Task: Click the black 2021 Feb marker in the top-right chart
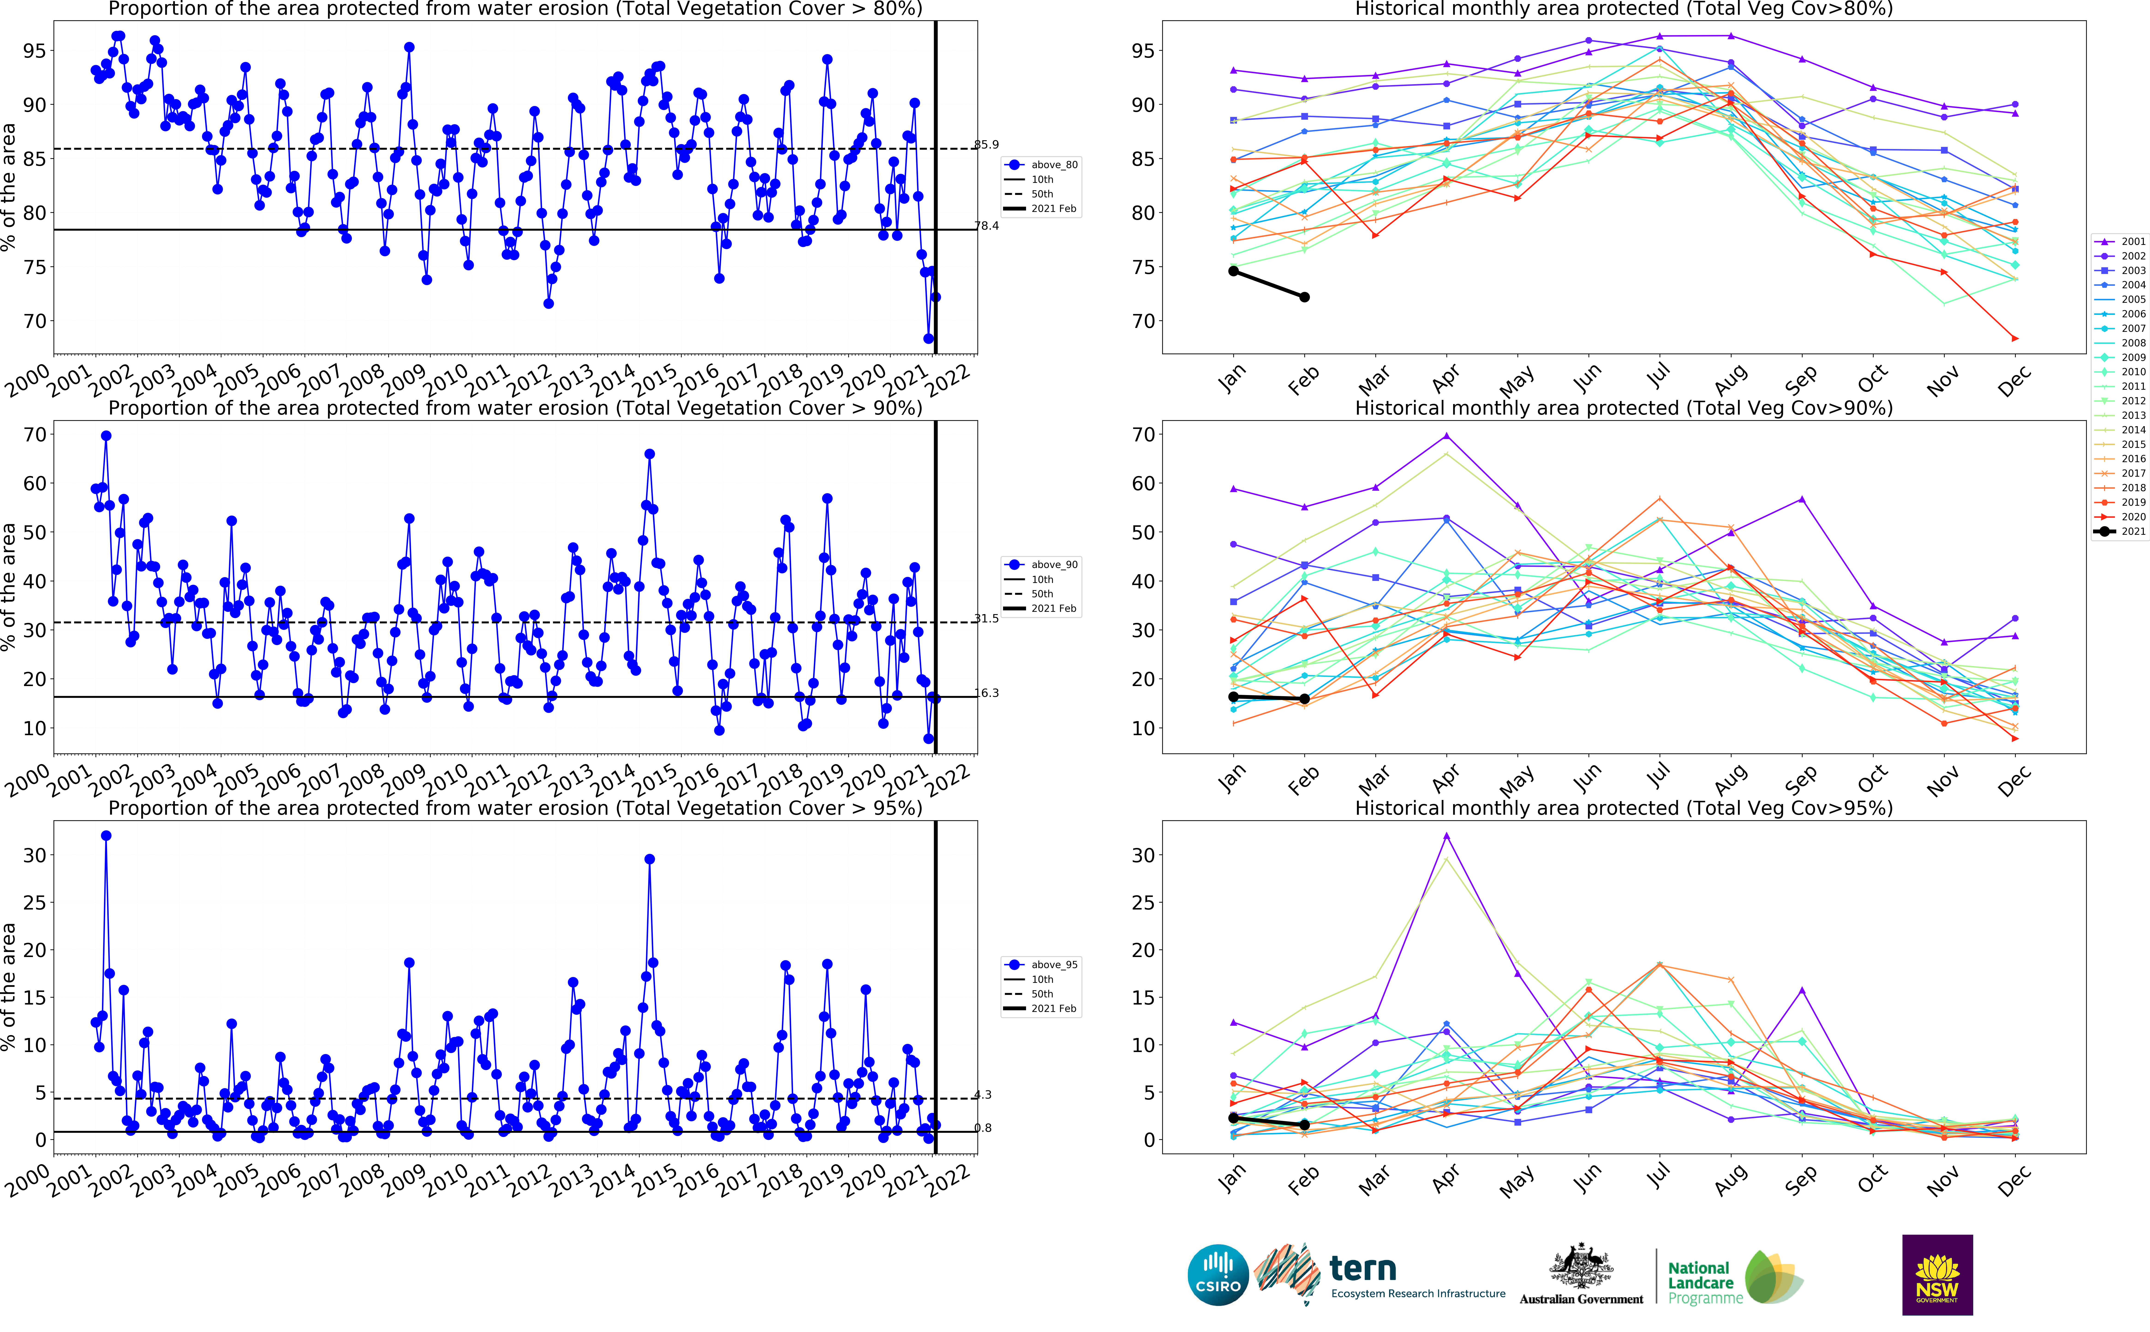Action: coord(1304,297)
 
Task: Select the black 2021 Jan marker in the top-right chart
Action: coord(1234,271)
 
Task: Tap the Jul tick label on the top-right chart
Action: coord(1658,377)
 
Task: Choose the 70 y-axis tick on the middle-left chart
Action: coord(35,434)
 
